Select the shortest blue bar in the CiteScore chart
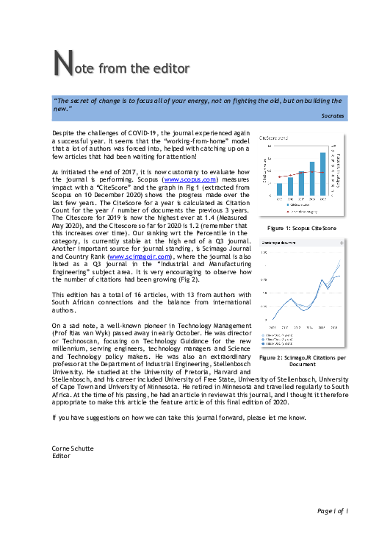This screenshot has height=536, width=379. pyautogui.click(x=280, y=189)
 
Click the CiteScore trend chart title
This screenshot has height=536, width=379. pyautogui.click(x=272, y=137)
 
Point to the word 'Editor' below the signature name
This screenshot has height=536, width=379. pyautogui.click(x=61, y=456)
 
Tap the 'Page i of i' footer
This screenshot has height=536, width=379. pyautogui.click(x=332, y=510)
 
